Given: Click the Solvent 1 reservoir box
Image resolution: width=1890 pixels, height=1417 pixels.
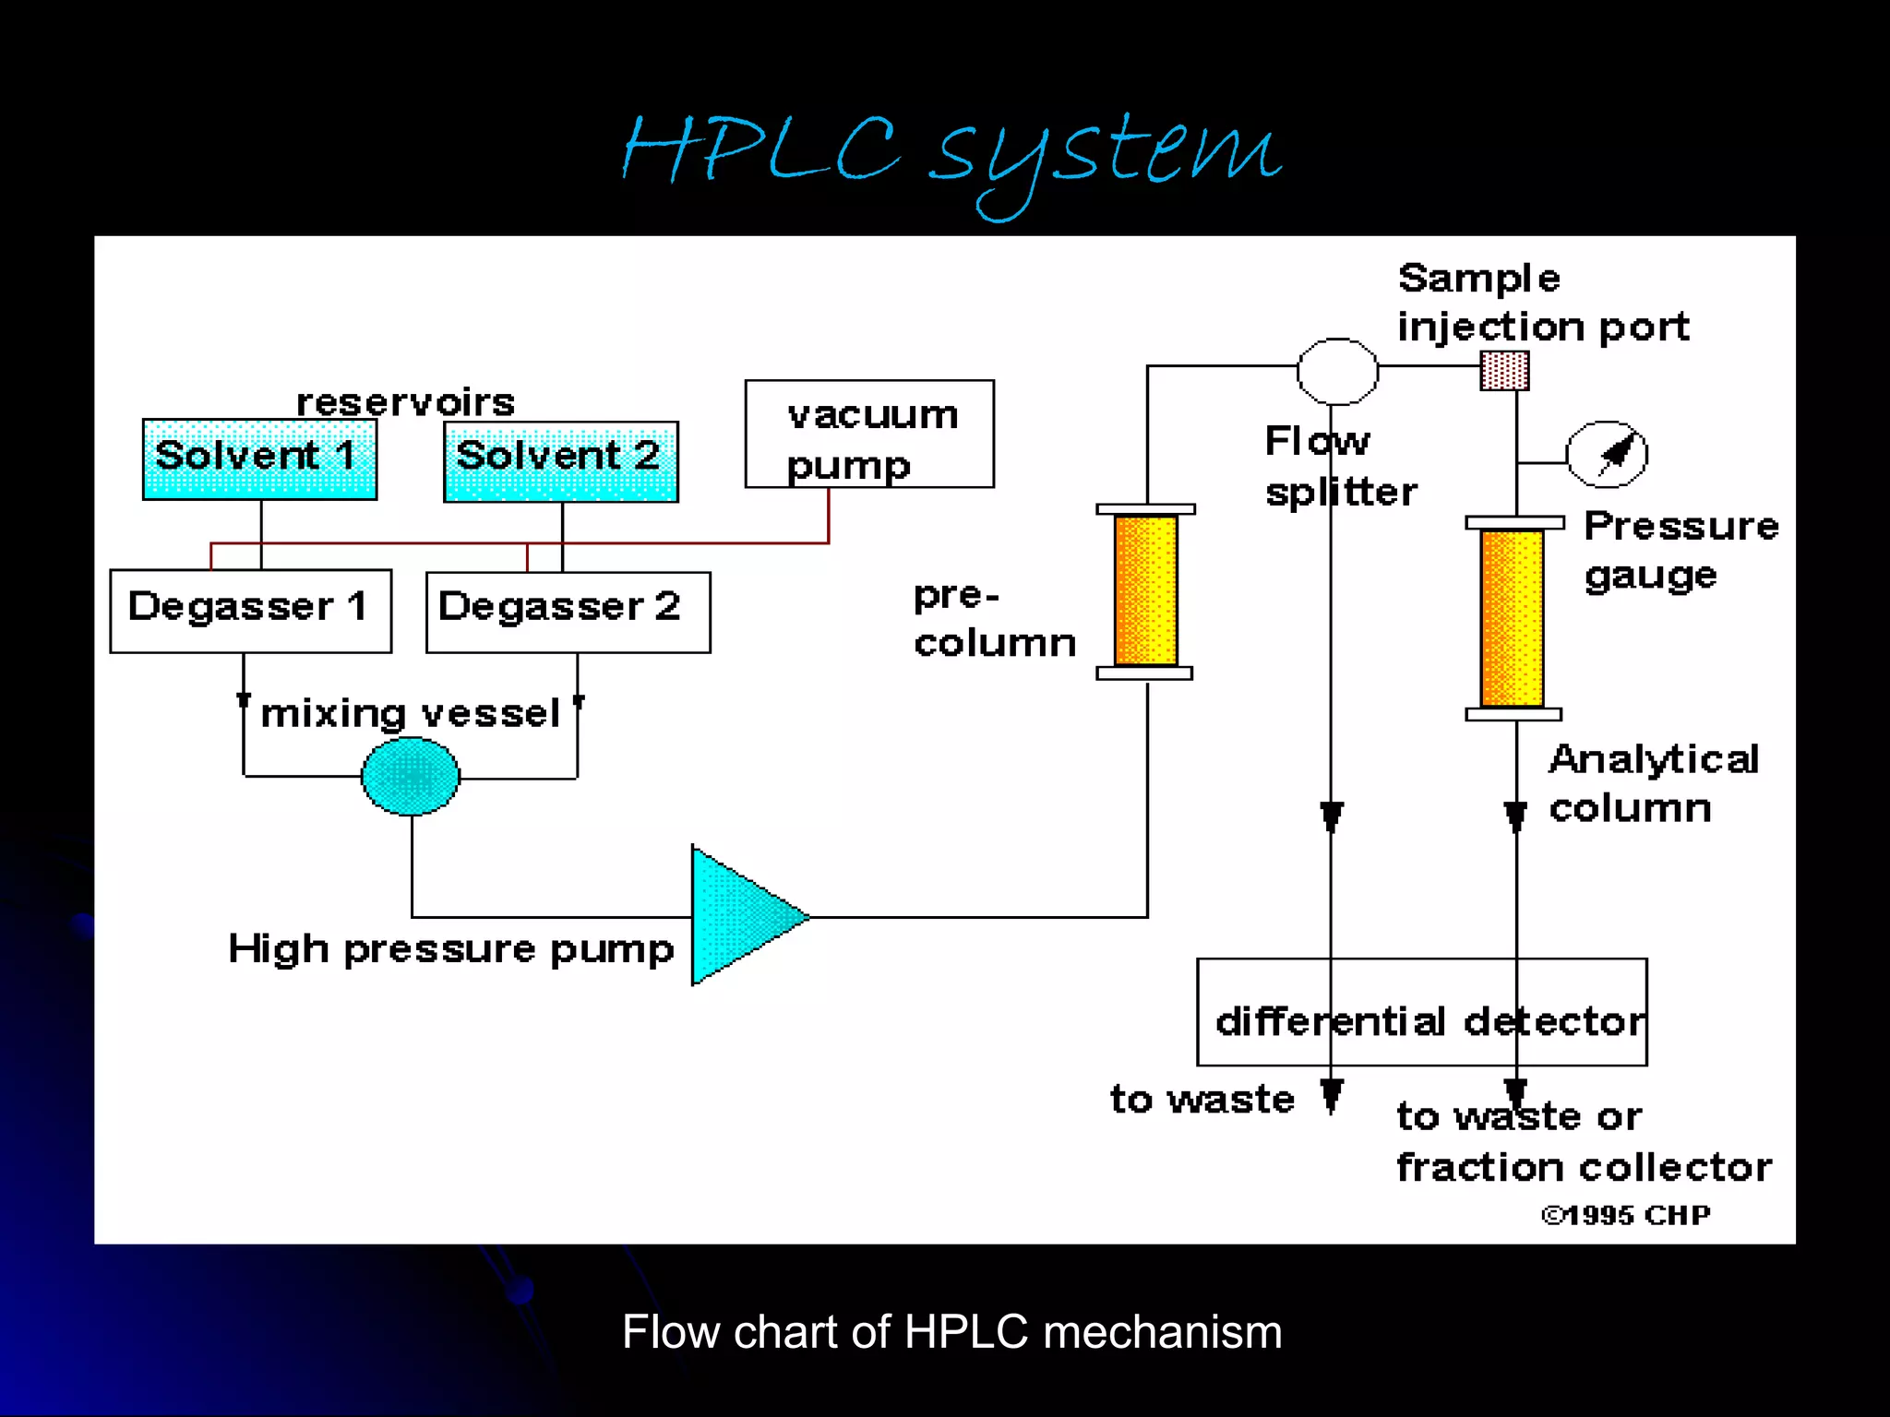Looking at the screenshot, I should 259,458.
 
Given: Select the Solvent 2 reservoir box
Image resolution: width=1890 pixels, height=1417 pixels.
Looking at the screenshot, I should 560,460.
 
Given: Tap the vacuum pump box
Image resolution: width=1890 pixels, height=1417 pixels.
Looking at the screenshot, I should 869,434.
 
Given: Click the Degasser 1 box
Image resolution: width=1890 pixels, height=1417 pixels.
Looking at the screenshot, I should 250,611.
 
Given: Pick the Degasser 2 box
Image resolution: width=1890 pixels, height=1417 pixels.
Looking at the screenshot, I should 568,612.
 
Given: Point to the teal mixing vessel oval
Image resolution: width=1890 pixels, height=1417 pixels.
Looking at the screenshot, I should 411,777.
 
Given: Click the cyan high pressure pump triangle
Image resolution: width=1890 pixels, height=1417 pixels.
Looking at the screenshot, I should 738,915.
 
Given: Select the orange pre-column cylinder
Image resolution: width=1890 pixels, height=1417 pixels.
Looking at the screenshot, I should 1145,590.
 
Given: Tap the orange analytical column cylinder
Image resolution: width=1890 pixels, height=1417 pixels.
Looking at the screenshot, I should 1513,617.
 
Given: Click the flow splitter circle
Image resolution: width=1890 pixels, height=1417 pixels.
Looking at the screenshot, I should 1337,371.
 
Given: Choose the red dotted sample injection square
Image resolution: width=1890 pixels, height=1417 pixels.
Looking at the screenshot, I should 1504,371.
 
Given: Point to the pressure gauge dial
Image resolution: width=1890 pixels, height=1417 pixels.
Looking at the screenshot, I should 1607,454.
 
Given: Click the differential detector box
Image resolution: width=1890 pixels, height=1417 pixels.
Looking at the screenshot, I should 1421,1012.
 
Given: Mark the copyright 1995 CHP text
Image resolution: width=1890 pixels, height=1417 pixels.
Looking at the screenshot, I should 1625,1215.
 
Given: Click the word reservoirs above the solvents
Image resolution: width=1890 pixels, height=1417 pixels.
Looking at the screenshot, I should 405,402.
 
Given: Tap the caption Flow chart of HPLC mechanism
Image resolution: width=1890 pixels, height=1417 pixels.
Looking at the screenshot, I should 951,1331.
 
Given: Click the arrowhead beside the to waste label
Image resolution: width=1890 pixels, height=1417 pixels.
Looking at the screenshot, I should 1331,1096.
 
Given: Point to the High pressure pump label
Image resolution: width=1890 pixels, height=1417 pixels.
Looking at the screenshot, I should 451,949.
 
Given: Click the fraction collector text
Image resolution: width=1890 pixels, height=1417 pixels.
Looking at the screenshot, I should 1584,1167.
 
